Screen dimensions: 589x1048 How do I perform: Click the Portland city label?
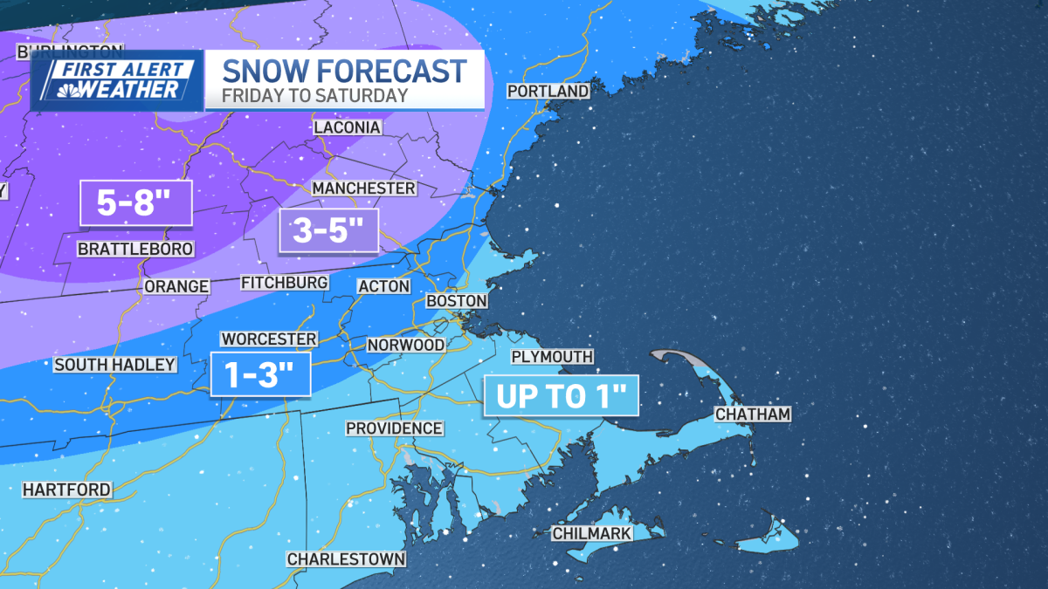click(548, 92)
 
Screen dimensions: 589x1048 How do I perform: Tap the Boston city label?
click(456, 300)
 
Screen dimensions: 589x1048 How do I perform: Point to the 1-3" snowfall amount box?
click(261, 375)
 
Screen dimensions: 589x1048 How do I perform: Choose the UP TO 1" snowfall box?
click(562, 396)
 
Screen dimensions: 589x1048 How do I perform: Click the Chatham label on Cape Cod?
click(752, 414)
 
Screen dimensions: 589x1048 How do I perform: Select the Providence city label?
click(394, 428)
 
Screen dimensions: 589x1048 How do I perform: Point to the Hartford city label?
click(67, 490)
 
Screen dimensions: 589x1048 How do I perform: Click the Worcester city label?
click(268, 339)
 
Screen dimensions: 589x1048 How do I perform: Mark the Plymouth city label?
click(552, 357)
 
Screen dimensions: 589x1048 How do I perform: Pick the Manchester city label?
click(363, 188)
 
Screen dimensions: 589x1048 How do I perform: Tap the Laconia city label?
click(348, 127)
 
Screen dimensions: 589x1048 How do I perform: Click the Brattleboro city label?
click(135, 250)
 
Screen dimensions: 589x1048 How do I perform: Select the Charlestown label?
click(347, 558)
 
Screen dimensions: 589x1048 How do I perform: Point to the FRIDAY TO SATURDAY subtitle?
click(314, 96)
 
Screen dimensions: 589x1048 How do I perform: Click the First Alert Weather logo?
click(117, 80)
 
